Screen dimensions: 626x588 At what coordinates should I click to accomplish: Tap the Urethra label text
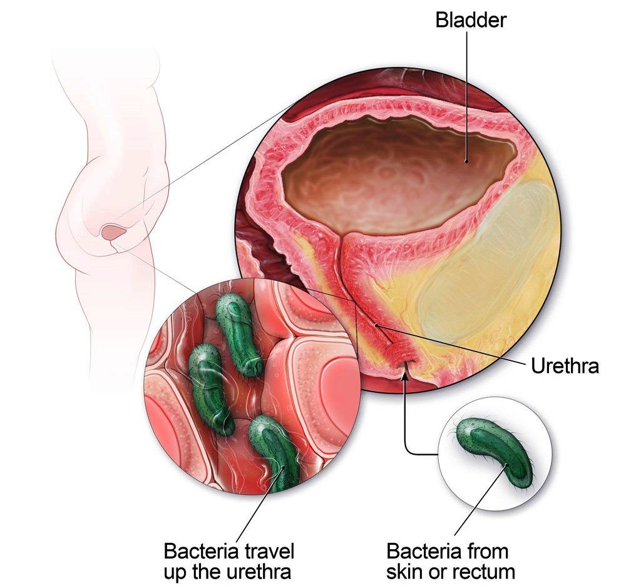[x=565, y=365]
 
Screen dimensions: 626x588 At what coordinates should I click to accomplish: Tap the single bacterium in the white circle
[x=495, y=453]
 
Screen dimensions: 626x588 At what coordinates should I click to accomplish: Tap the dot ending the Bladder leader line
[x=466, y=161]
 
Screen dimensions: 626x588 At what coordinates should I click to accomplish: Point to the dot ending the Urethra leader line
[x=377, y=325]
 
